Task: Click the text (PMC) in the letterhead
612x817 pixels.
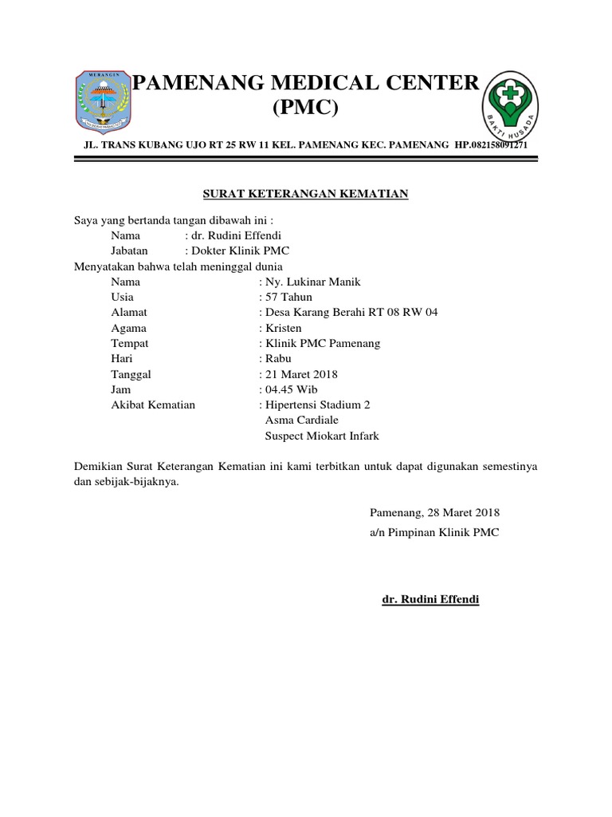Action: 306,108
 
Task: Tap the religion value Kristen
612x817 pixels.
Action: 283,328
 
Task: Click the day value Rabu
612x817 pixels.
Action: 278,358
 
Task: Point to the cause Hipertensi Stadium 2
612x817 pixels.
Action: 317,405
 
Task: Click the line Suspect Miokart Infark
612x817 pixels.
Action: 321,436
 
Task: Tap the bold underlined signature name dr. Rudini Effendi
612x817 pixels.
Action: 431,599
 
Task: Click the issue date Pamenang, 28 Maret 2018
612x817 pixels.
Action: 435,513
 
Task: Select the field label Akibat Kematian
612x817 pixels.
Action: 153,405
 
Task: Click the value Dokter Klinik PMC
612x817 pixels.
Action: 237,251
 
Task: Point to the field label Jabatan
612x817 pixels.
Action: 130,251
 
